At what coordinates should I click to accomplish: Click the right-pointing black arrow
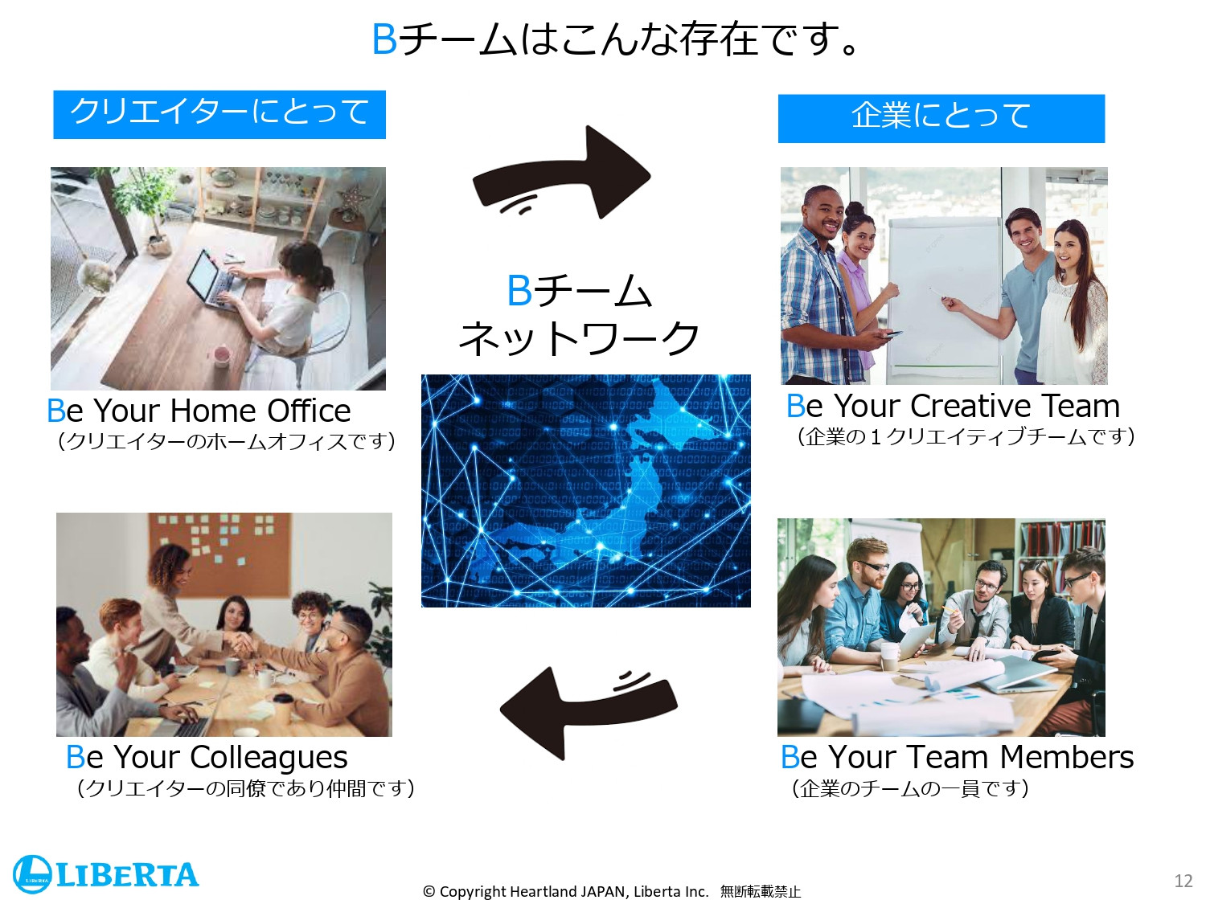coord(563,174)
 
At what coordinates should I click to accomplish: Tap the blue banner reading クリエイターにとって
coord(219,114)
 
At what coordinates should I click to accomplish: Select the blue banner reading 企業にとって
coord(941,118)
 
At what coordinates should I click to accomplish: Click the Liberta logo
coord(105,874)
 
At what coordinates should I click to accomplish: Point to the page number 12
coord(1183,881)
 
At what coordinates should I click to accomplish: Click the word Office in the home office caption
coord(309,411)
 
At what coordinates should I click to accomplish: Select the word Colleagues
coord(269,757)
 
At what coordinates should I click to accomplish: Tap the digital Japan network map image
coord(585,490)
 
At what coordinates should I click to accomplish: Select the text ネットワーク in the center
coord(579,338)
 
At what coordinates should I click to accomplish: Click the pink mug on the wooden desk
coord(219,354)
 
